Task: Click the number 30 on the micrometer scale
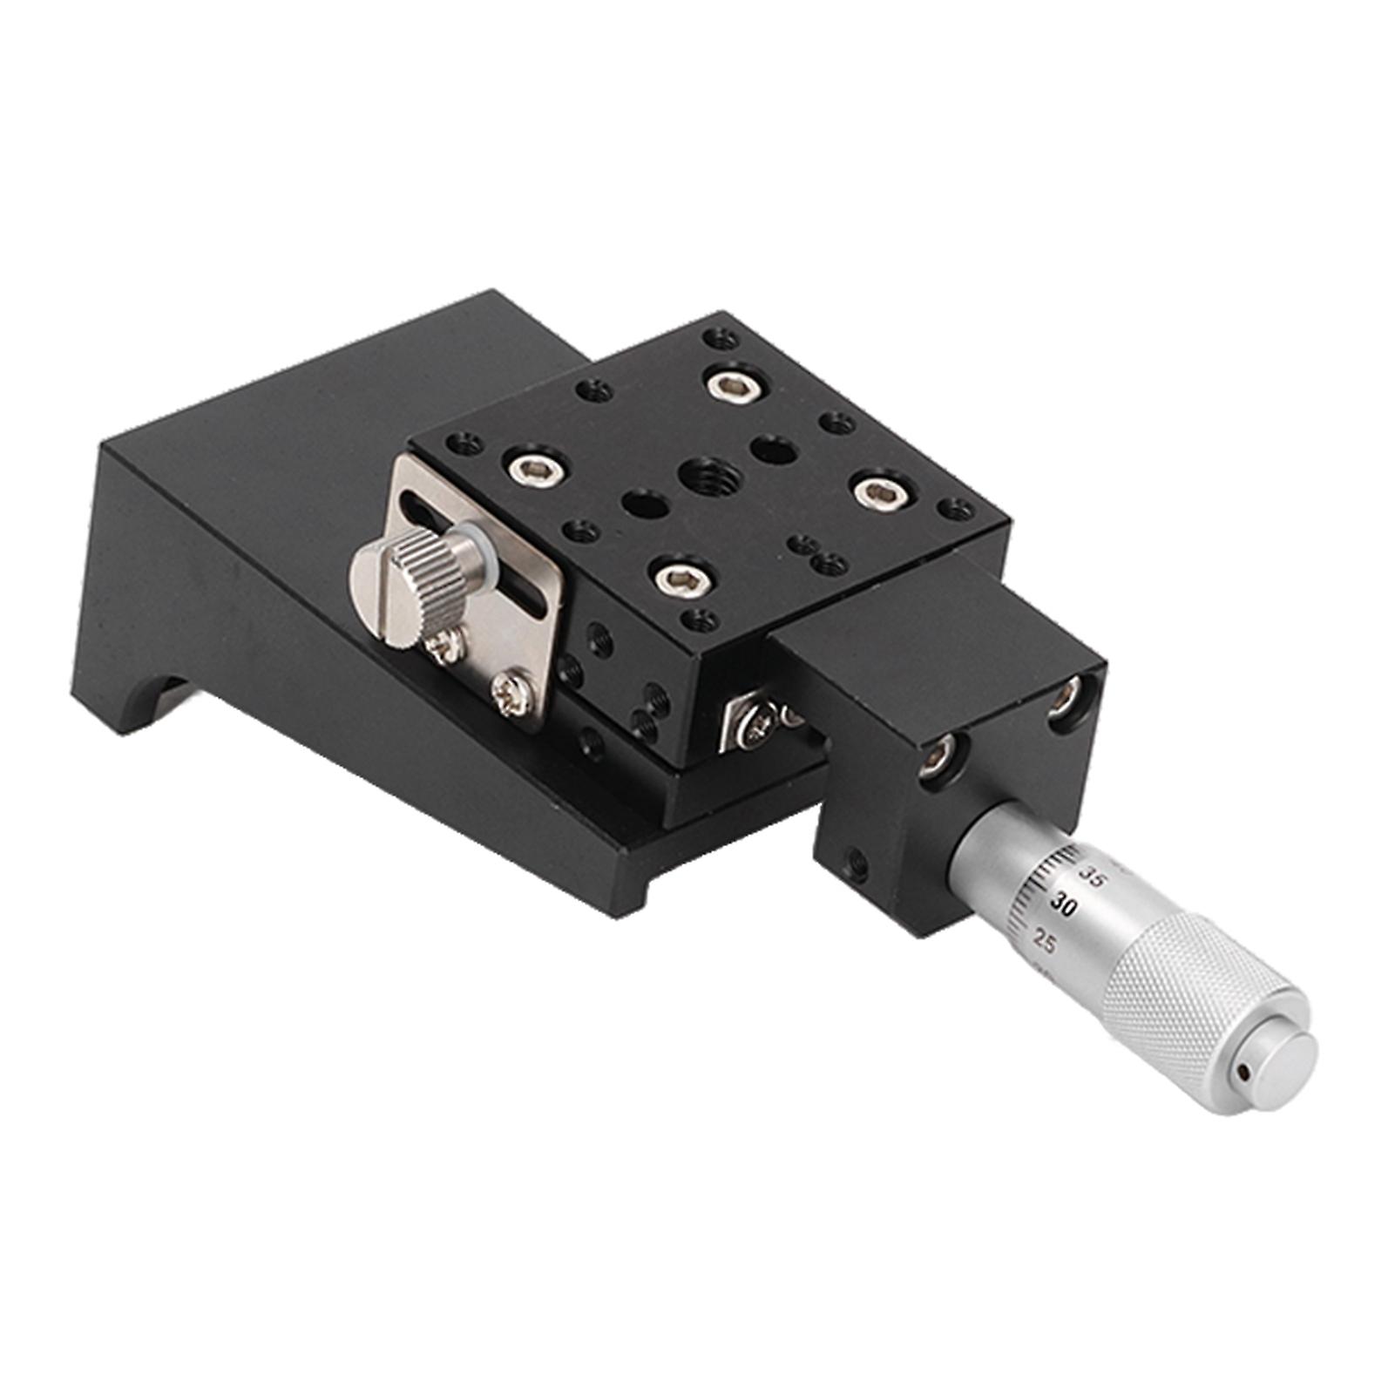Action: click(x=1062, y=904)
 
